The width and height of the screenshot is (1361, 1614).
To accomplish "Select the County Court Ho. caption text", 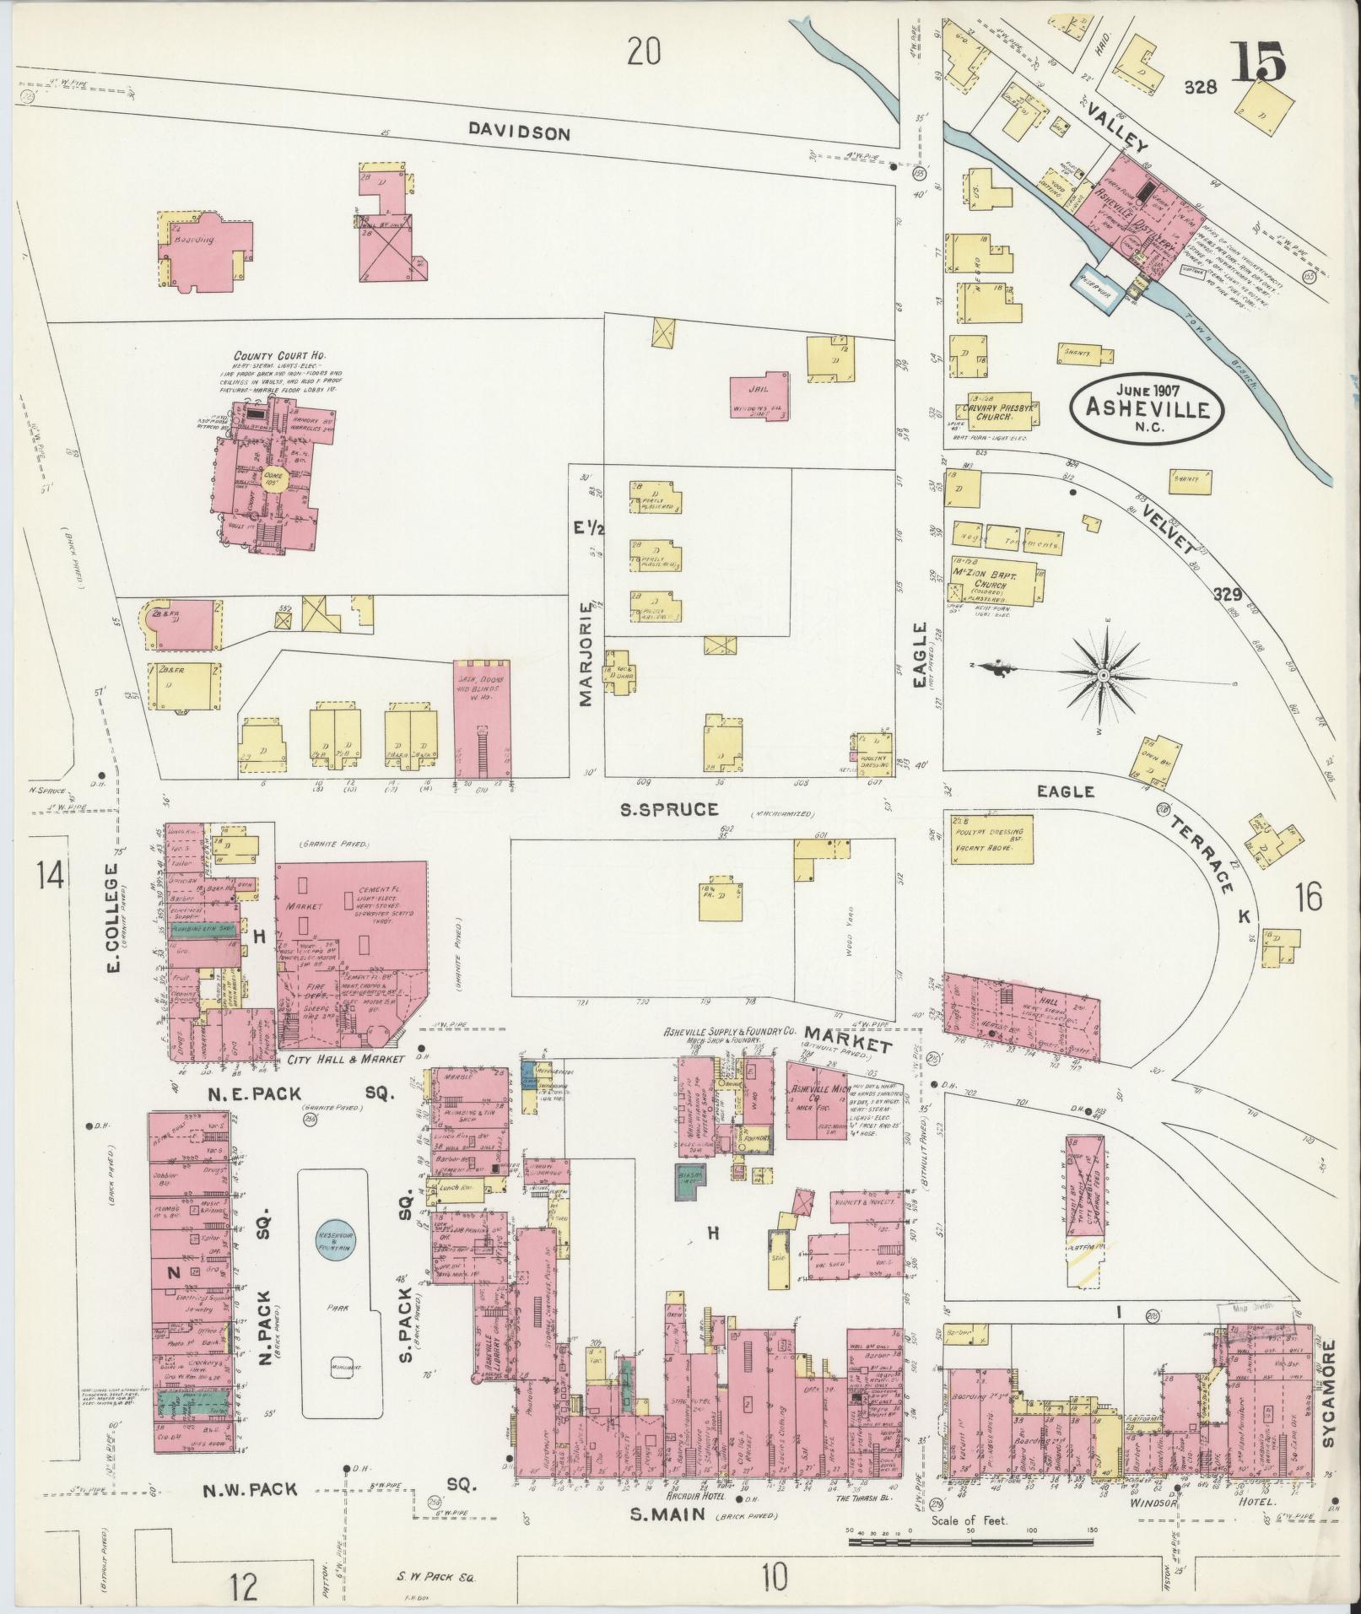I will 279,357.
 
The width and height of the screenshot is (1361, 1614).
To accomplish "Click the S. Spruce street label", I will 668,810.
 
